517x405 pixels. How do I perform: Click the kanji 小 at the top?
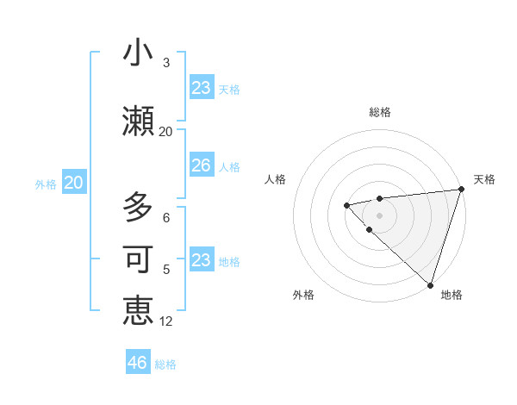click(138, 53)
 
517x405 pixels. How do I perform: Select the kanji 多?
click(138, 208)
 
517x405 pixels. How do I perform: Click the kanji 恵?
click(138, 310)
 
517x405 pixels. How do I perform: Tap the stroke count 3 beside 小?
click(166, 63)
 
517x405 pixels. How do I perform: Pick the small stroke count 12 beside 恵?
click(166, 321)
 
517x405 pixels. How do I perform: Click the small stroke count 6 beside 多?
click(166, 218)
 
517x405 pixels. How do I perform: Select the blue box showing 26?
click(201, 165)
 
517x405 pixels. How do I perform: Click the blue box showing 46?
click(138, 363)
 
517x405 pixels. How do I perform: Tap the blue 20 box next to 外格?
click(74, 183)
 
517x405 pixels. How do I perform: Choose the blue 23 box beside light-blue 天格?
click(201, 88)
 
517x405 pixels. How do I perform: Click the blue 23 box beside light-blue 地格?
click(201, 260)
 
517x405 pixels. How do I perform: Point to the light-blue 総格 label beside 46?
click(165, 364)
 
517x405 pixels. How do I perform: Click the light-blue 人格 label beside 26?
click(229, 166)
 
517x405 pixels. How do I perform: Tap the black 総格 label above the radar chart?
click(380, 112)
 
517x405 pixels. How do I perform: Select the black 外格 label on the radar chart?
click(303, 295)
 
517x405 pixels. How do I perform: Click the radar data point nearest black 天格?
click(461, 190)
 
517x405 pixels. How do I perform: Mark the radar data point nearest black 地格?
click(429, 284)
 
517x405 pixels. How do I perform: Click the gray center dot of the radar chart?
click(379, 215)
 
